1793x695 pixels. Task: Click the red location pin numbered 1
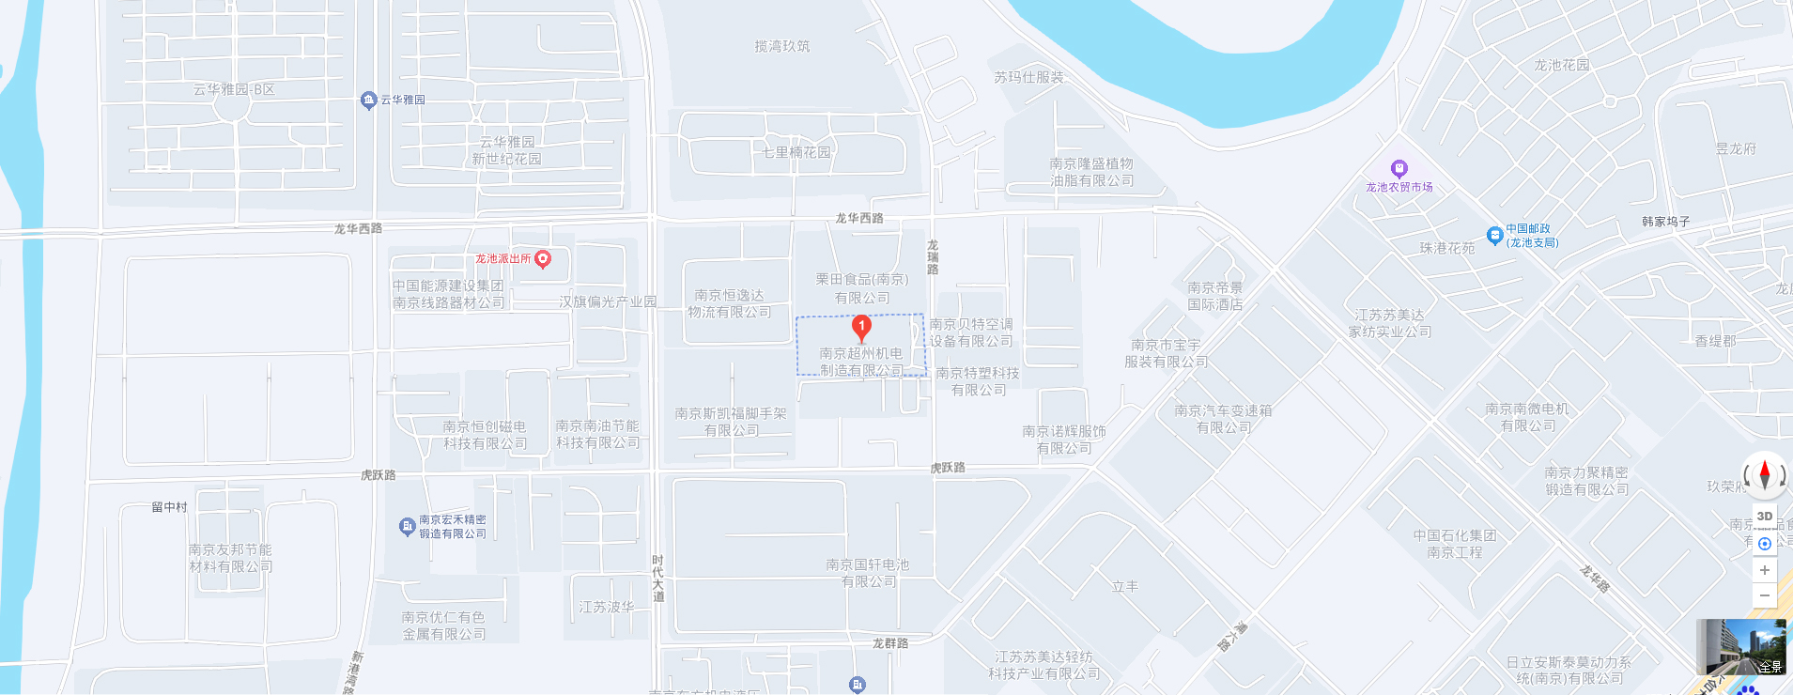861,328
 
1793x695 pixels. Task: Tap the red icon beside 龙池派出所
543,259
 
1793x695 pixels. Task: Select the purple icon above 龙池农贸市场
1399,169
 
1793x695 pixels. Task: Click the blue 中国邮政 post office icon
1494,235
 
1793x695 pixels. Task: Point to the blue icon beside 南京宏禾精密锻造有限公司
407,527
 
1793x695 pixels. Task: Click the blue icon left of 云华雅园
369,100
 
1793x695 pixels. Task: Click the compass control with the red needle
1765,474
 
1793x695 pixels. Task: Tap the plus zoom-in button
1765,570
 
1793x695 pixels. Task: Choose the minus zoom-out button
1765,595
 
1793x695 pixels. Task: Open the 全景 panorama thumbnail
1741,647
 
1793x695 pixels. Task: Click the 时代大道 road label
657,579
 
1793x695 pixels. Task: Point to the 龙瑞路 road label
933,256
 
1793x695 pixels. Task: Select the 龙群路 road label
890,643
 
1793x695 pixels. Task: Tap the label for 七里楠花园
796,152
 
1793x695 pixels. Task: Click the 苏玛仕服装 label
1029,77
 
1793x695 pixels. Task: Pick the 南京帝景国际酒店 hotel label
1215,296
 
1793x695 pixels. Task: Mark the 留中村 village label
170,507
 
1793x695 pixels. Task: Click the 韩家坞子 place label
1666,222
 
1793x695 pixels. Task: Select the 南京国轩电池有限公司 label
868,573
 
